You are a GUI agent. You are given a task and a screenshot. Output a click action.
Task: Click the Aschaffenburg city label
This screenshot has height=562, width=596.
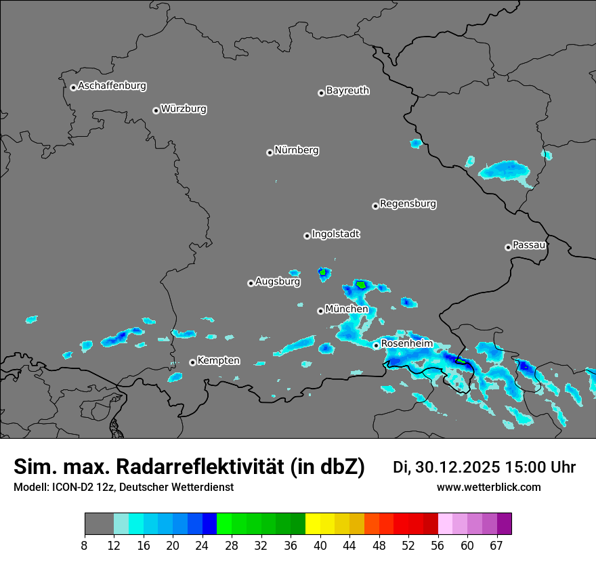point(112,86)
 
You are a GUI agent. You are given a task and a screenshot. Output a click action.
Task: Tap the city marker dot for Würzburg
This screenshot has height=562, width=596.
point(156,110)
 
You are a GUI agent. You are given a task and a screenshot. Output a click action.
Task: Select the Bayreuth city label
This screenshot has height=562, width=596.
point(347,90)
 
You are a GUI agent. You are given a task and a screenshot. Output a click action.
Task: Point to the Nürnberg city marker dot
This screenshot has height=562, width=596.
point(270,152)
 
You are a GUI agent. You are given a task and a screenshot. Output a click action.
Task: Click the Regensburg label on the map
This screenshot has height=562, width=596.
point(408,203)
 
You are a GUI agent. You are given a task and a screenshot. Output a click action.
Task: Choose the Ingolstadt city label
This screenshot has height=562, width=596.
point(335,234)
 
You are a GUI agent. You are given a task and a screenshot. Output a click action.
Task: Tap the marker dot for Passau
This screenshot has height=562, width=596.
point(508,247)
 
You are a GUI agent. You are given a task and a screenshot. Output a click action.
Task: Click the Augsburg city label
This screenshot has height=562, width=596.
point(278,281)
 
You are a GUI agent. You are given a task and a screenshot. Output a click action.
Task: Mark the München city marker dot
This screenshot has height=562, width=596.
point(320,311)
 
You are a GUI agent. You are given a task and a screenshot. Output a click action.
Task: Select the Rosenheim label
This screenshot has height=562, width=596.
point(406,343)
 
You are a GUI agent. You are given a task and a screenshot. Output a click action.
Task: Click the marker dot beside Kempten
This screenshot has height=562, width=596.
point(192,362)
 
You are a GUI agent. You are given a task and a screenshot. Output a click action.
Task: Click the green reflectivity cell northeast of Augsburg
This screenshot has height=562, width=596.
point(324,273)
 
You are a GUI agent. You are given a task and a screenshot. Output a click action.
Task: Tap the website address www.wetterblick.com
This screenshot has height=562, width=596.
point(488,487)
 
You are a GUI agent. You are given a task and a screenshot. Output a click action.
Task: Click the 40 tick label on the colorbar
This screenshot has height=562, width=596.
point(320,545)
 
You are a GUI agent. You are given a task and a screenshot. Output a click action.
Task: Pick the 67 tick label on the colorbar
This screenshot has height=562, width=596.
point(497,545)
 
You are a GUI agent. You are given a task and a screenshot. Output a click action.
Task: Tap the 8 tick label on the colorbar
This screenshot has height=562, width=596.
point(85,545)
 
